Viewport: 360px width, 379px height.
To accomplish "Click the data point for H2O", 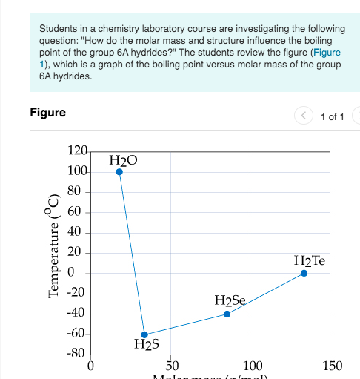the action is coord(119,172).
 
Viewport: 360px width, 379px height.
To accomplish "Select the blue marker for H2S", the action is coord(144,334).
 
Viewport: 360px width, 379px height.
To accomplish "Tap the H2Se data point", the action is coord(227,314).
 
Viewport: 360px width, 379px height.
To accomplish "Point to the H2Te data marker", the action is coord(304,274).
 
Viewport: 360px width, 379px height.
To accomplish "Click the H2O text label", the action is coord(123,160).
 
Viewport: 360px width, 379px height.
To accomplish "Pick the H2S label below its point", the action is coord(147,345).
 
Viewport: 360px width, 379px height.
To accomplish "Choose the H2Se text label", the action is coord(230,300).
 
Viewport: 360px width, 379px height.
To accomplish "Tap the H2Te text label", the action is coord(310,261).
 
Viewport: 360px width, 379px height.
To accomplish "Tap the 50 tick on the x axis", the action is coord(171,366).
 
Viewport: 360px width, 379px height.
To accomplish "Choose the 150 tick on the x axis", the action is coord(333,366).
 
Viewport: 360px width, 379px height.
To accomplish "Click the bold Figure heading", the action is coord(47,113).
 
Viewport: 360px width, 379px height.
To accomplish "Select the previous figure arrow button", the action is coord(304,116).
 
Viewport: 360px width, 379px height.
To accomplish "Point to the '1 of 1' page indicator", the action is coord(333,116).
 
